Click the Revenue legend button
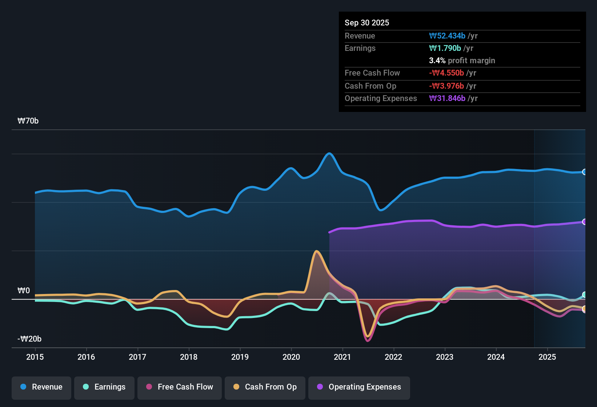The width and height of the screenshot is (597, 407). coord(41,387)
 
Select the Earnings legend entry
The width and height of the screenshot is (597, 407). coord(104,387)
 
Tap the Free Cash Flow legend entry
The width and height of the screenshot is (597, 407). coord(180,387)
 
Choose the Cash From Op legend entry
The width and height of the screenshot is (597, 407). coord(265,387)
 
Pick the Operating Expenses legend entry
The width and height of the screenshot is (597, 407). coord(359,387)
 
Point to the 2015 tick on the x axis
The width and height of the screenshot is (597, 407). coord(35,357)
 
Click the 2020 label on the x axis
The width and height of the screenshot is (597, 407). coord(291,357)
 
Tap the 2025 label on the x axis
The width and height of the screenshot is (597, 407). coord(547,357)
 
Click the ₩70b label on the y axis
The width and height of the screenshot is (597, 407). coord(28,121)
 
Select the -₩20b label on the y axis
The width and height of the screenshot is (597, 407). coord(29,339)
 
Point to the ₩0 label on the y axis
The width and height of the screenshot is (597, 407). coord(24,291)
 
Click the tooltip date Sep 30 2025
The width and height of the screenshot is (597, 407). coord(367,23)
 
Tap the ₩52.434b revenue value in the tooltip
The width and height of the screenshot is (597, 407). coord(447,36)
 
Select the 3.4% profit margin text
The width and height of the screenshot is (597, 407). coord(462,60)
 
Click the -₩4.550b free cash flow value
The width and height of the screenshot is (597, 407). coord(446,73)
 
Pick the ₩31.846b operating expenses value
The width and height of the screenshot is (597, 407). coord(447,98)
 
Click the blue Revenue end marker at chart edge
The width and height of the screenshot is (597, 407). coord(584,172)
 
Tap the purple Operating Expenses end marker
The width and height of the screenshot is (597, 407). coord(584,222)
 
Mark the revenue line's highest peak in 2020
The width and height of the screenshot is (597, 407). coord(329,153)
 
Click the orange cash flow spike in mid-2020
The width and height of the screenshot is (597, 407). coord(317,251)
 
